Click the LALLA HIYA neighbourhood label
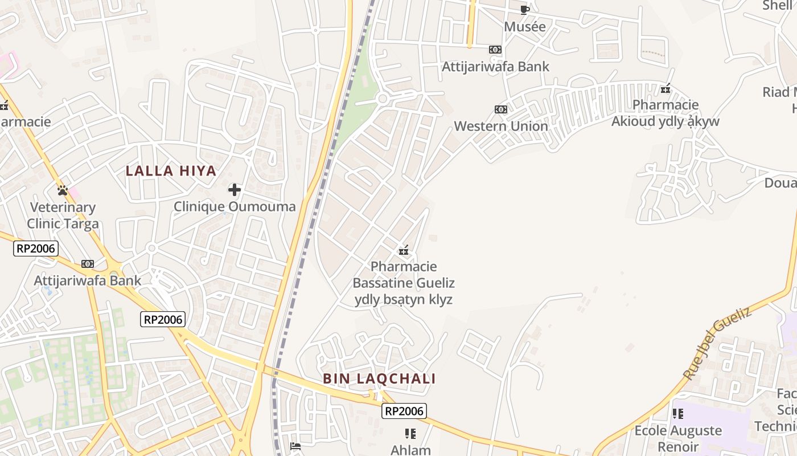click(x=171, y=170)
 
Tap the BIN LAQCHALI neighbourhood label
click(x=379, y=378)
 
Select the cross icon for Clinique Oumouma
click(x=235, y=190)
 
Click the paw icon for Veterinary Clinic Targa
click(x=63, y=190)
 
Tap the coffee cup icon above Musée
click(x=525, y=10)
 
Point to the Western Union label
click(x=501, y=126)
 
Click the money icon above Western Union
click(x=501, y=109)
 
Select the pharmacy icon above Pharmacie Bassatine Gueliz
click(x=404, y=250)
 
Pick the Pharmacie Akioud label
click(x=665, y=113)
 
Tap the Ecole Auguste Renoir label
click(x=678, y=438)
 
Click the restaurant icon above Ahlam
click(x=410, y=434)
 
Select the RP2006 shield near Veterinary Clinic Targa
click(x=35, y=249)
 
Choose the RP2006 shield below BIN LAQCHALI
click(x=404, y=411)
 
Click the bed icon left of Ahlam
click(x=295, y=446)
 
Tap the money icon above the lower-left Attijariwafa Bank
click(x=88, y=264)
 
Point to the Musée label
click(x=525, y=27)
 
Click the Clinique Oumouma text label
click(x=235, y=206)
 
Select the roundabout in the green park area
click(x=383, y=99)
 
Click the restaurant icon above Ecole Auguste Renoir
click(x=677, y=414)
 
